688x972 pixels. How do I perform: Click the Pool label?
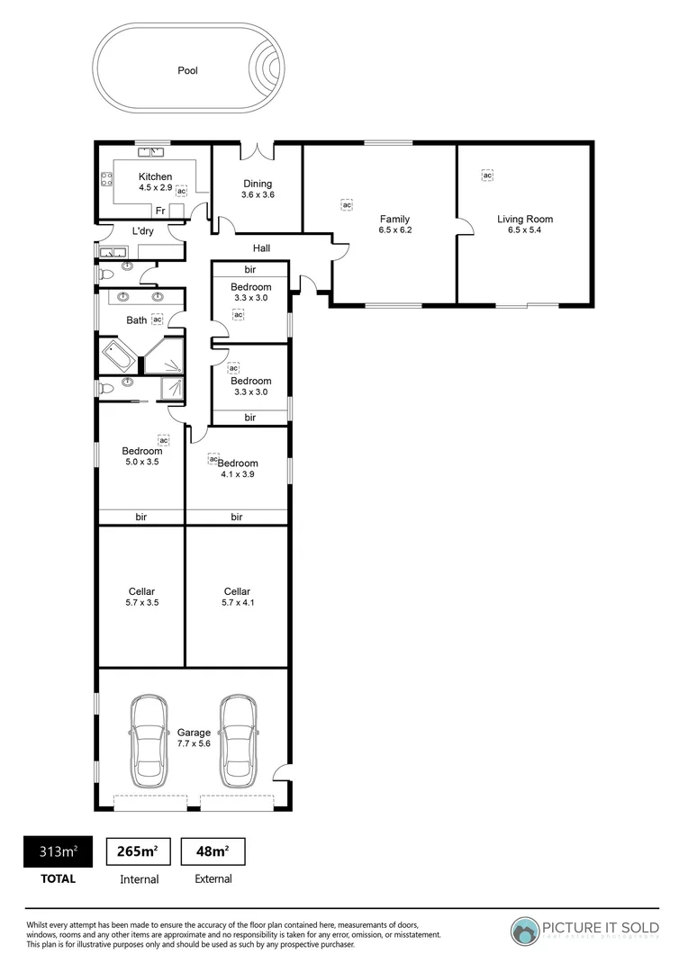click(x=187, y=70)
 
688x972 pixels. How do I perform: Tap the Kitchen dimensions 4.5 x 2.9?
click(x=155, y=188)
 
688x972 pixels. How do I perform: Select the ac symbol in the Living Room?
click(x=487, y=175)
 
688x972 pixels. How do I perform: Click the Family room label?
click(x=394, y=219)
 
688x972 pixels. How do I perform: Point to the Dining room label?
click(x=257, y=184)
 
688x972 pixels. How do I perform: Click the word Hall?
click(x=261, y=248)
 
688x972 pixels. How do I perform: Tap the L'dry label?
click(x=143, y=231)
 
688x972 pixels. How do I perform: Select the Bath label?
click(x=136, y=319)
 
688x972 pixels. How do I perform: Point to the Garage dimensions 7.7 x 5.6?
click(x=194, y=743)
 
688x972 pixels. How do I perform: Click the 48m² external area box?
click(x=213, y=851)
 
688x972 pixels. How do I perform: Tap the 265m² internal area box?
click(x=139, y=851)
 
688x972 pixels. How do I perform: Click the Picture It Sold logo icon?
click(x=525, y=931)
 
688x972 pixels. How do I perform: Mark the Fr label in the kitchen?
click(x=159, y=211)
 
